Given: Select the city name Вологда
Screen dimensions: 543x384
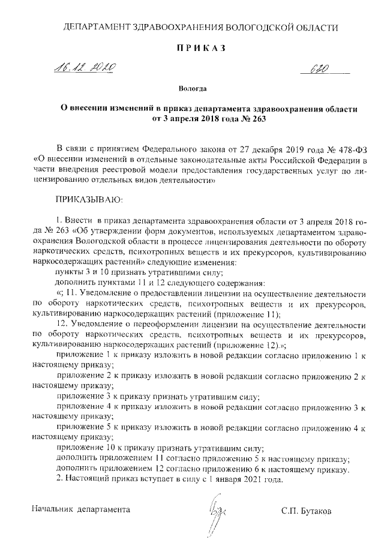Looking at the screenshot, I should [193, 89].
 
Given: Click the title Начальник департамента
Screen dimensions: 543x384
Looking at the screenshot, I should [80, 509].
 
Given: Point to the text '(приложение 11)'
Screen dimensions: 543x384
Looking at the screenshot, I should [251, 313].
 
